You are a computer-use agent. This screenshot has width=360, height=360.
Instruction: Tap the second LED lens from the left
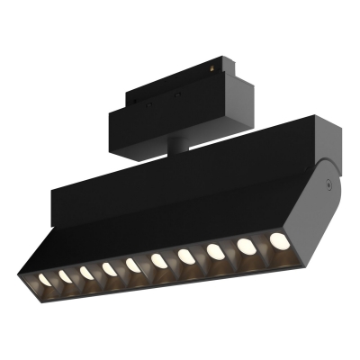tap(65, 275)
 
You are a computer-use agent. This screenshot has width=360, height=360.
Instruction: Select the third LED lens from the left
tap(87, 272)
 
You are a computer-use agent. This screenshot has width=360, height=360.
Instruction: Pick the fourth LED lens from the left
tap(110, 268)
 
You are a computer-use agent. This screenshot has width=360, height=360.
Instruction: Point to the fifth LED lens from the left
tap(134, 265)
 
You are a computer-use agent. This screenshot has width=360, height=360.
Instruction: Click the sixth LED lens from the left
tap(159, 261)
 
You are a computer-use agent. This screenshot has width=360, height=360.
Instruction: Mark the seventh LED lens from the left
tap(186, 256)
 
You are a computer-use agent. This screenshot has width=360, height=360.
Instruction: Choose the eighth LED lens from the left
tap(215, 251)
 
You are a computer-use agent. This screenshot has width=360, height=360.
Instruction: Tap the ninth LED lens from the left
tap(245, 246)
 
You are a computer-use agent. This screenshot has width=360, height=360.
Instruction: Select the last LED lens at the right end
tap(276, 240)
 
